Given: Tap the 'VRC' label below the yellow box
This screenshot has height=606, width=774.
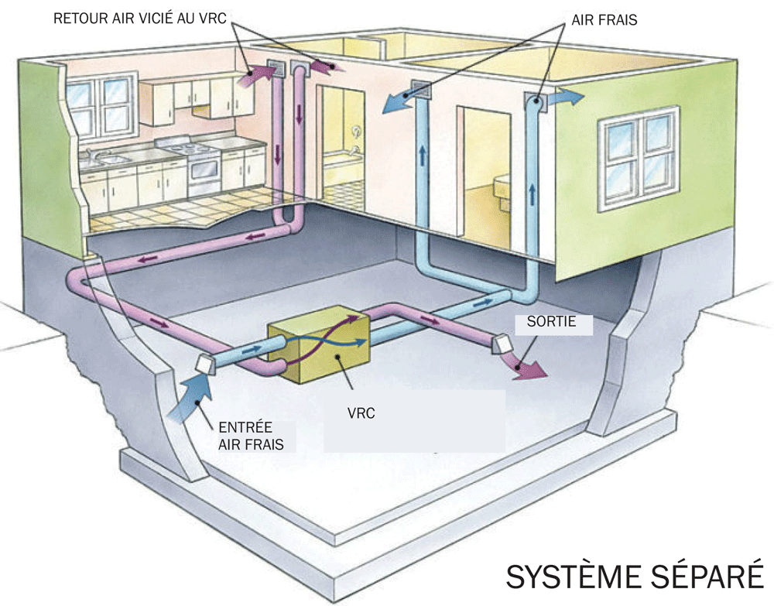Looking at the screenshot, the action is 361,413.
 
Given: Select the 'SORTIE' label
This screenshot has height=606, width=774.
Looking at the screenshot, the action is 551,321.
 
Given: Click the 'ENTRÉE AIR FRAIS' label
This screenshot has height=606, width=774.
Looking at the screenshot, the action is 252,436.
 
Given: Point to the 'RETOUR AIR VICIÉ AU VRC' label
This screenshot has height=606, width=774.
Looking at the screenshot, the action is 139,19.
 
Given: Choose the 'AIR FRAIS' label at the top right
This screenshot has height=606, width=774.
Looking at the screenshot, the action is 604,20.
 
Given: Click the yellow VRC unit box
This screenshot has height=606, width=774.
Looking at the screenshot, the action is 318,344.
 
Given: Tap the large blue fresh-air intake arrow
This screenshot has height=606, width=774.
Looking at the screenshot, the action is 191,398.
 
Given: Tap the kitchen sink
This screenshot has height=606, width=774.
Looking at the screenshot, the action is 108,159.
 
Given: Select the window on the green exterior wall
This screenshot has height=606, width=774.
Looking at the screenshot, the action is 639,158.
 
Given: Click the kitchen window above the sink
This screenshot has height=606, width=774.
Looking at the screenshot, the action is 101,107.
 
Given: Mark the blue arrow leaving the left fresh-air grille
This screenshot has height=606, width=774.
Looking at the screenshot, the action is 398,103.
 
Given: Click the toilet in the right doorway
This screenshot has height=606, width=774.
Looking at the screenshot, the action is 502,187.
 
